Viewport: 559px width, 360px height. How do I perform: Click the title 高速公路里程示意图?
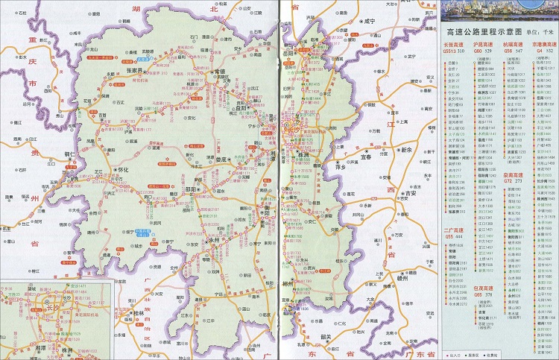pos(477,33)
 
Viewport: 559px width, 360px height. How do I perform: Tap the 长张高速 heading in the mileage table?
pos(456,45)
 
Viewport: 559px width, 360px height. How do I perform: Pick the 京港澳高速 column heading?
pos(542,45)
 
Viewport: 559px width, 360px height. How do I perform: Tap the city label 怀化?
pos(124,170)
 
